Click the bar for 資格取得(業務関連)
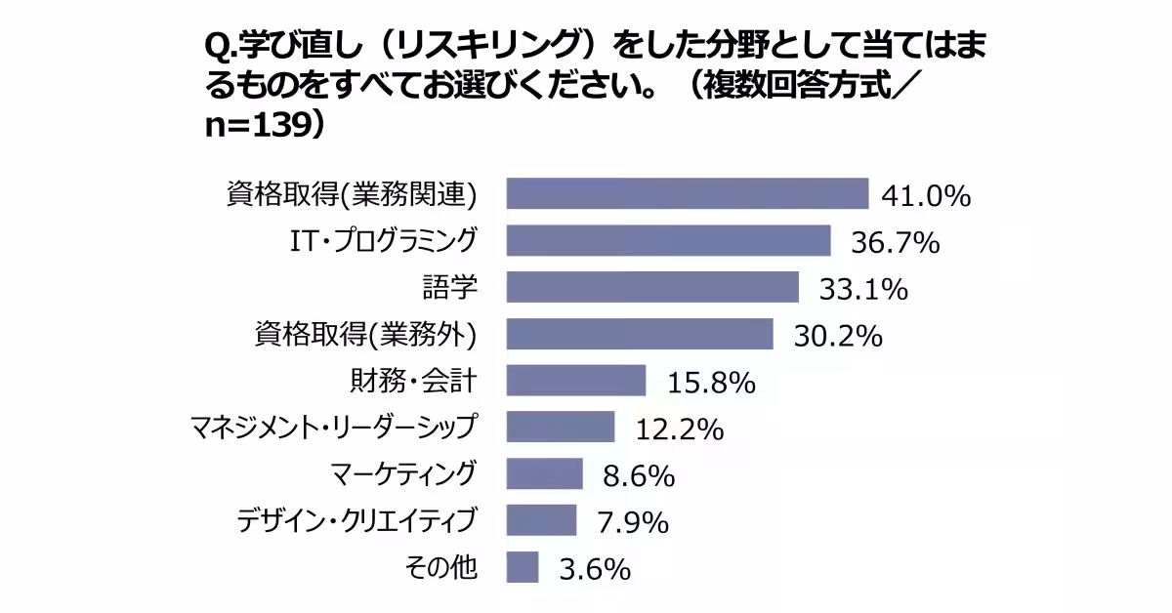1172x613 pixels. (x=687, y=193)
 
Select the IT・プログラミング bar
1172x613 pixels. (x=668, y=240)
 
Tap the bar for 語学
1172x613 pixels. (x=652, y=287)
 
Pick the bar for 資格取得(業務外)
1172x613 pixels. (x=640, y=334)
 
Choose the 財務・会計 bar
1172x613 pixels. (x=576, y=380)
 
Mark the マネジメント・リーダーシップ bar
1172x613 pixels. (x=561, y=427)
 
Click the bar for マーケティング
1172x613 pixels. (x=544, y=473)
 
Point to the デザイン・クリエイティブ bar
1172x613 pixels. (x=541, y=520)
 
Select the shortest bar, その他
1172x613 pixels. (x=523, y=567)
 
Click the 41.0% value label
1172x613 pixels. (x=926, y=196)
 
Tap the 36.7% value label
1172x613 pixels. (x=895, y=243)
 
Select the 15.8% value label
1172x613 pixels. (x=711, y=383)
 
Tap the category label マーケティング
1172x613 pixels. (x=403, y=473)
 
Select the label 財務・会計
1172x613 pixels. (x=413, y=380)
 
